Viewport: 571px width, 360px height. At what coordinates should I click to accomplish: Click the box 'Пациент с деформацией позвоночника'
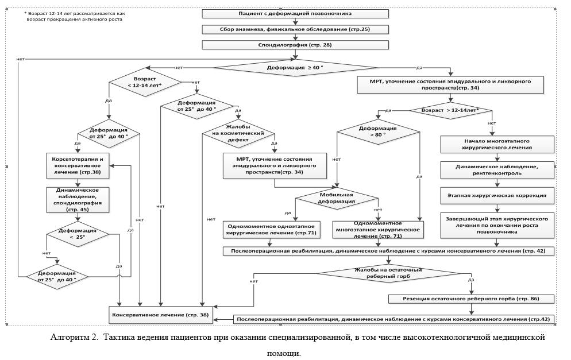coord(295,13)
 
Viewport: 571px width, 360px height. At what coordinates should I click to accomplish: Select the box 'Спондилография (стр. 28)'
coord(295,44)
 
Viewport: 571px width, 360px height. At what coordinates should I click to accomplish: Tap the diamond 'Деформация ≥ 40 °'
coord(295,68)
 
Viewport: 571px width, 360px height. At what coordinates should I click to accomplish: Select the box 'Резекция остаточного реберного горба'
coord(470,299)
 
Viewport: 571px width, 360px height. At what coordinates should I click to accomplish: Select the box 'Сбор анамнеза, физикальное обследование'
coord(295,29)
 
